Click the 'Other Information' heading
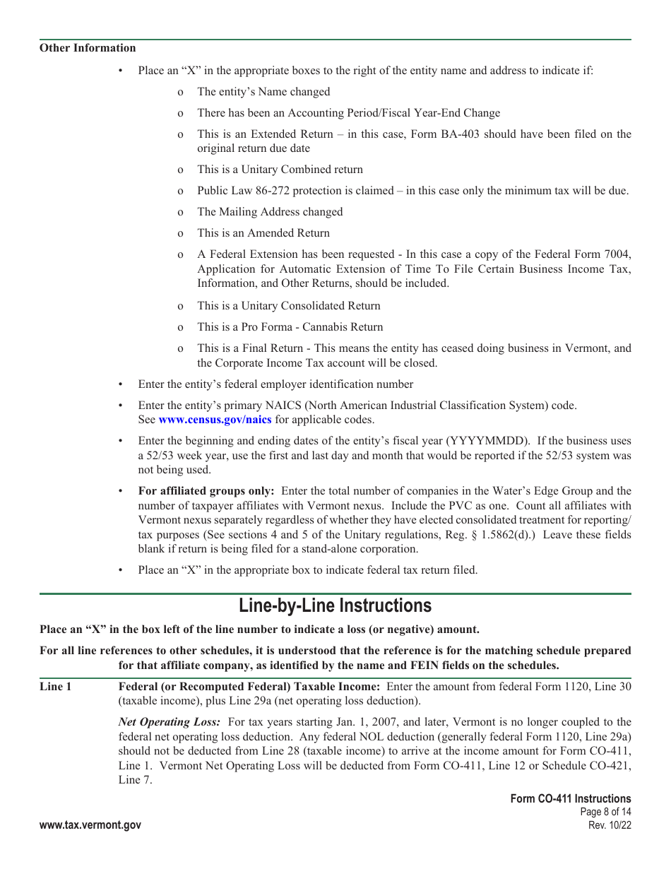[88, 48]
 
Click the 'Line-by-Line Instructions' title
[335, 606]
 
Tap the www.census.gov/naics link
[215, 420]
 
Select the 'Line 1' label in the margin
[56, 687]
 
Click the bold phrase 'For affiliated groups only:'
[206, 491]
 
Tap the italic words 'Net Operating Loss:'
[170, 722]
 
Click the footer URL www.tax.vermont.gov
[90, 825]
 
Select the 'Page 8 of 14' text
[605, 812]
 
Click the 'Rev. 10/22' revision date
[610, 825]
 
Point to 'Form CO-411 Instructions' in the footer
[571, 798]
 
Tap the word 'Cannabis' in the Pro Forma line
[343, 327]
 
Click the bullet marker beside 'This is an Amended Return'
[180, 234]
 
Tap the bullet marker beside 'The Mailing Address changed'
[180, 213]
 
